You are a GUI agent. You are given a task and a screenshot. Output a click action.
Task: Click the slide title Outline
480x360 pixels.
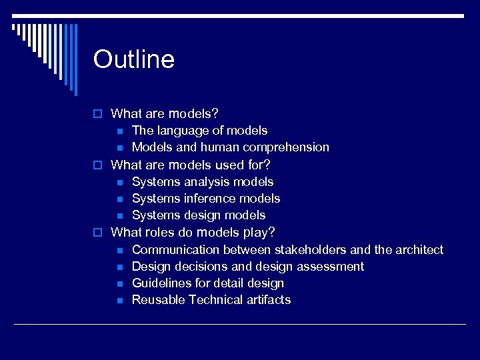[x=134, y=59]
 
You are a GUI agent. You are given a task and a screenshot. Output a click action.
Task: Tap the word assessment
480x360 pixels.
[x=332, y=267]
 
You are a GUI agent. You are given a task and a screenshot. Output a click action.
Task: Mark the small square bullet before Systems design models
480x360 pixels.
[x=119, y=216]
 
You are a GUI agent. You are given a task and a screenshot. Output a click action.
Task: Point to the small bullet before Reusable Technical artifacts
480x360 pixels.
[x=119, y=301]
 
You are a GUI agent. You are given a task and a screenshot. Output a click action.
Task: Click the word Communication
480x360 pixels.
[x=176, y=250]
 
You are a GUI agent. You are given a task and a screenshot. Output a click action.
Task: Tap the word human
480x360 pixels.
[x=219, y=147]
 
